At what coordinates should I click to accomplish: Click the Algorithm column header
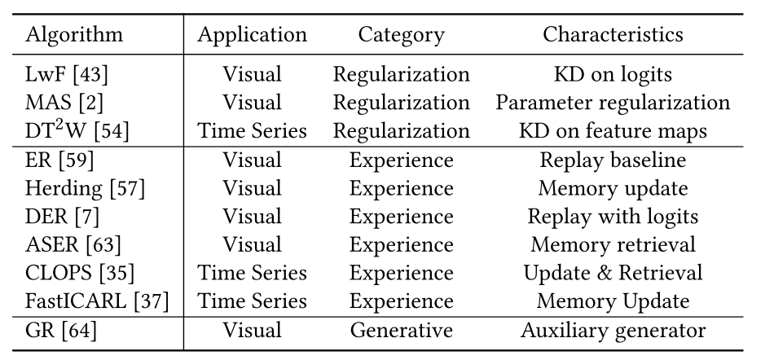(75, 36)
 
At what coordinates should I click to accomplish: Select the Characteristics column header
(613, 36)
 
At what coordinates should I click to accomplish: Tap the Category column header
(401, 36)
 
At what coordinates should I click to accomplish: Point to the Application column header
(253, 36)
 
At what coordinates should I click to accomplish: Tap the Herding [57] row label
(86, 189)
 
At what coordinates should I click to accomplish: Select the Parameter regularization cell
(613, 103)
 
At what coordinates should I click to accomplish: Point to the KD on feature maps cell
(613, 131)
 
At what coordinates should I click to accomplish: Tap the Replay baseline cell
(613, 160)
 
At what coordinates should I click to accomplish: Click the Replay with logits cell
(613, 217)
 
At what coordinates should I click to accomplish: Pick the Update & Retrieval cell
(613, 273)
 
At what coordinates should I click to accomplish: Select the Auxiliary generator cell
(613, 331)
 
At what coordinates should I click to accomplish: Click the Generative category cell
(401, 331)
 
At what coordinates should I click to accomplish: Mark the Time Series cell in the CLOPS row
(253, 273)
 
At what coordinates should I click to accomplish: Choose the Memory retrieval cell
(613, 245)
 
